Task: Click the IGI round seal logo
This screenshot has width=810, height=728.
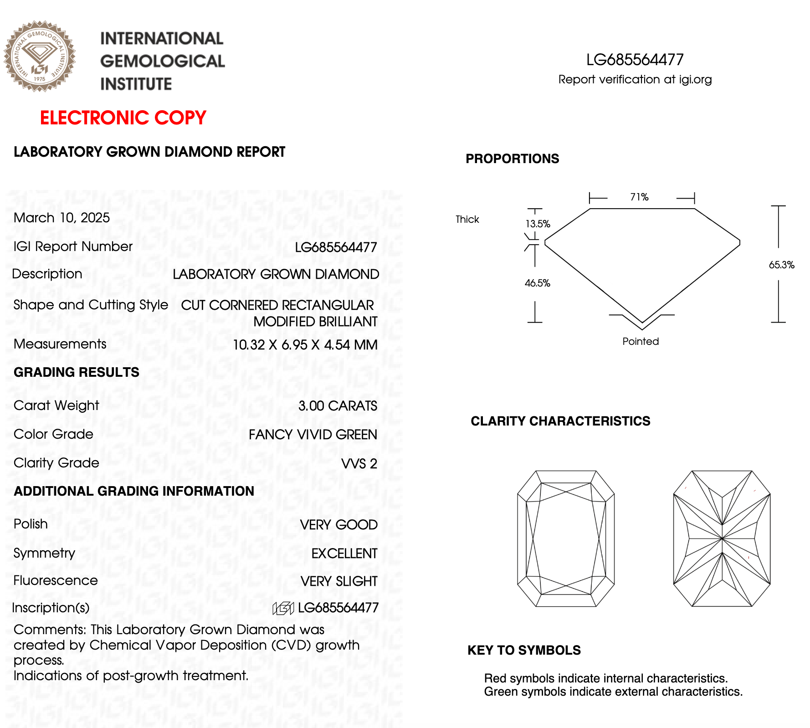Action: (x=40, y=56)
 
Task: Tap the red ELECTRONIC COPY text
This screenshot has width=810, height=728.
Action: (x=123, y=118)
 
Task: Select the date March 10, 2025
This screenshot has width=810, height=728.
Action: (x=62, y=218)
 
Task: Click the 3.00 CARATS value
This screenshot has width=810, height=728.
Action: (x=338, y=406)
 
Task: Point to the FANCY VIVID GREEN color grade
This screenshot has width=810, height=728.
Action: (x=313, y=435)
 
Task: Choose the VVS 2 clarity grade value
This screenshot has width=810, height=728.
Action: (x=359, y=464)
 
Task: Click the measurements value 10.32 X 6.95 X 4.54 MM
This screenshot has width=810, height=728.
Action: (x=305, y=345)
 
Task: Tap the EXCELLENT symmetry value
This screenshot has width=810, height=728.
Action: (x=344, y=554)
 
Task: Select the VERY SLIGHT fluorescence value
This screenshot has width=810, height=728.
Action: (x=339, y=581)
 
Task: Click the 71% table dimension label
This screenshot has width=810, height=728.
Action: (x=639, y=197)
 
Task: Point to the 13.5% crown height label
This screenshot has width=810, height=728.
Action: (x=538, y=224)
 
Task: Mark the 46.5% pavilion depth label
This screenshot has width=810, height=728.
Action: (x=538, y=283)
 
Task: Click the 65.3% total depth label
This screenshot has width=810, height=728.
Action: (x=781, y=265)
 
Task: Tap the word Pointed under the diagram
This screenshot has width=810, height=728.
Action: (x=641, y=342)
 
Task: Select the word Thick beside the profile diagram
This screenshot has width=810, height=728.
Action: (x=467, y=220)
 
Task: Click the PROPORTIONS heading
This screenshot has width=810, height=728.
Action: (x=512, y=159)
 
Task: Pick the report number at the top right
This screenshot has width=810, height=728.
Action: (x=635, y=60)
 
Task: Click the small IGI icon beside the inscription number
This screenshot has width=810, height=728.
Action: (x=283, y=608)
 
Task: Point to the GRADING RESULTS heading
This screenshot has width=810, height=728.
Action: (x=77, y=372)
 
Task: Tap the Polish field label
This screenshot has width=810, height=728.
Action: (x=31, y=524)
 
